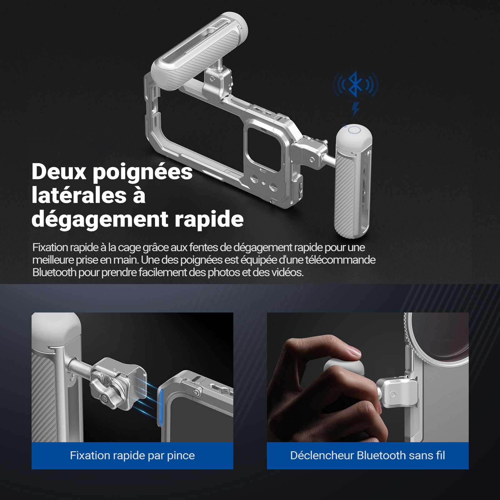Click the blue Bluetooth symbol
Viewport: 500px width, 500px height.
pyautogui.click(x=355, y=84)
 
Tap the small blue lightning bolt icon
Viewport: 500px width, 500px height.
pyautogui.click(x=355, y=108)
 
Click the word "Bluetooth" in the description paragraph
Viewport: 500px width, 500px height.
pyautogui.click(x=54, y=272)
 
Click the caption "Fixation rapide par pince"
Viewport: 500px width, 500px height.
pyautogui.click(x=132, y=455)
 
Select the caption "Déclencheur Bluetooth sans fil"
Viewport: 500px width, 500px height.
pyautogui.click(x=367, y=455)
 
